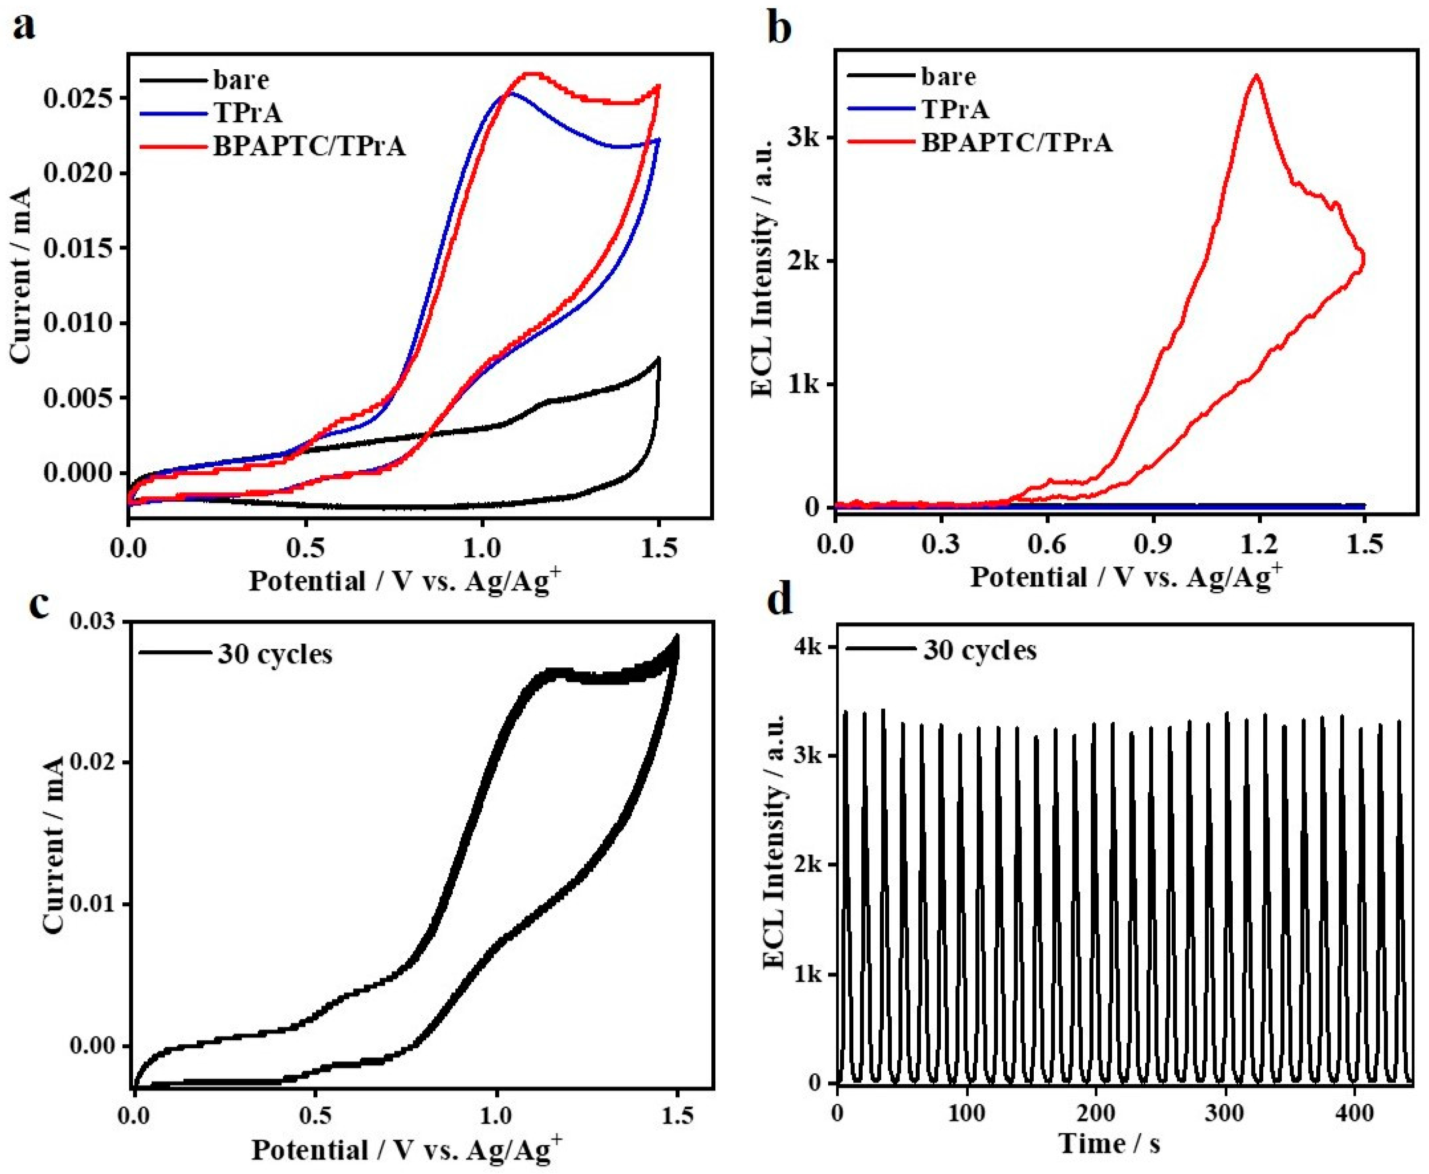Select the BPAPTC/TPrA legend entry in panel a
point(309,146)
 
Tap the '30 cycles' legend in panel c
point(274,654)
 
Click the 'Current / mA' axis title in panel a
point(22,275)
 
